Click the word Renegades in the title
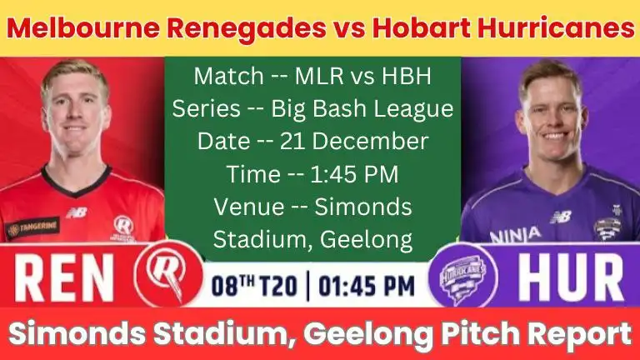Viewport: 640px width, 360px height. (220, 29)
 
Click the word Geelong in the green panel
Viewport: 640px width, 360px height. (365, 239)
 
